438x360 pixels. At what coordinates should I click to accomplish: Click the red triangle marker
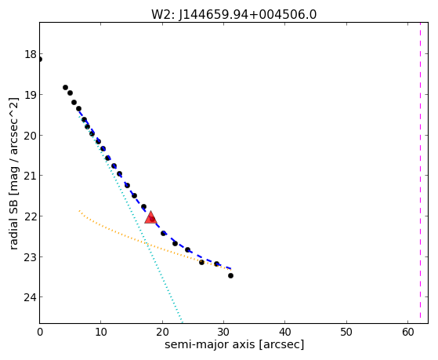click(150, 217)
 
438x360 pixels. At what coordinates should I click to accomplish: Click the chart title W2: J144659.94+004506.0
click(233, 14)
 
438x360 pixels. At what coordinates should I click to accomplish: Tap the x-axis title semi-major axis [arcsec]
click(234, 344)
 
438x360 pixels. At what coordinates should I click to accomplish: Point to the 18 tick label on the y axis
click(31, 54)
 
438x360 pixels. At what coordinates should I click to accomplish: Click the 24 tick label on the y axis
click(31, 297)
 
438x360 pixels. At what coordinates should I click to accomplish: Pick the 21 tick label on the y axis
click(31, 176)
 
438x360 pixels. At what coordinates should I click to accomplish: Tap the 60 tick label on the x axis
click(407, 332)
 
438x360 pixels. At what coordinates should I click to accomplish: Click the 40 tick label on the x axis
click(285, 332)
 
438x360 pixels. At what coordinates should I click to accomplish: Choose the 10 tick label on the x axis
click(101, 332)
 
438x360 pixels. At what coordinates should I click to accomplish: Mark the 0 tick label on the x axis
click(40, 332)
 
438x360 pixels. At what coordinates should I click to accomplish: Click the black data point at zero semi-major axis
click(40, 60)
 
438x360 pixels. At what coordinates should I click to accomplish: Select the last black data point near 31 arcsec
click(230, 276)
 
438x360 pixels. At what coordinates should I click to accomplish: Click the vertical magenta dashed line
click(420, 173)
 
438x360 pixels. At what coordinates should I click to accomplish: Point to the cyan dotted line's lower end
click(182, 322)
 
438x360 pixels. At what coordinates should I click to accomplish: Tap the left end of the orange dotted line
click(79, 210)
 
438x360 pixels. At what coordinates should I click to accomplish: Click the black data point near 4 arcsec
click(65, 88)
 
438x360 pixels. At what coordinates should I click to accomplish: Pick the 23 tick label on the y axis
click(31, 257)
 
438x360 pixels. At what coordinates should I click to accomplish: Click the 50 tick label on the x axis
click(346, 332)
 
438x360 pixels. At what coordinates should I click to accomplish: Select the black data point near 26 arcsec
click(201, 263)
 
